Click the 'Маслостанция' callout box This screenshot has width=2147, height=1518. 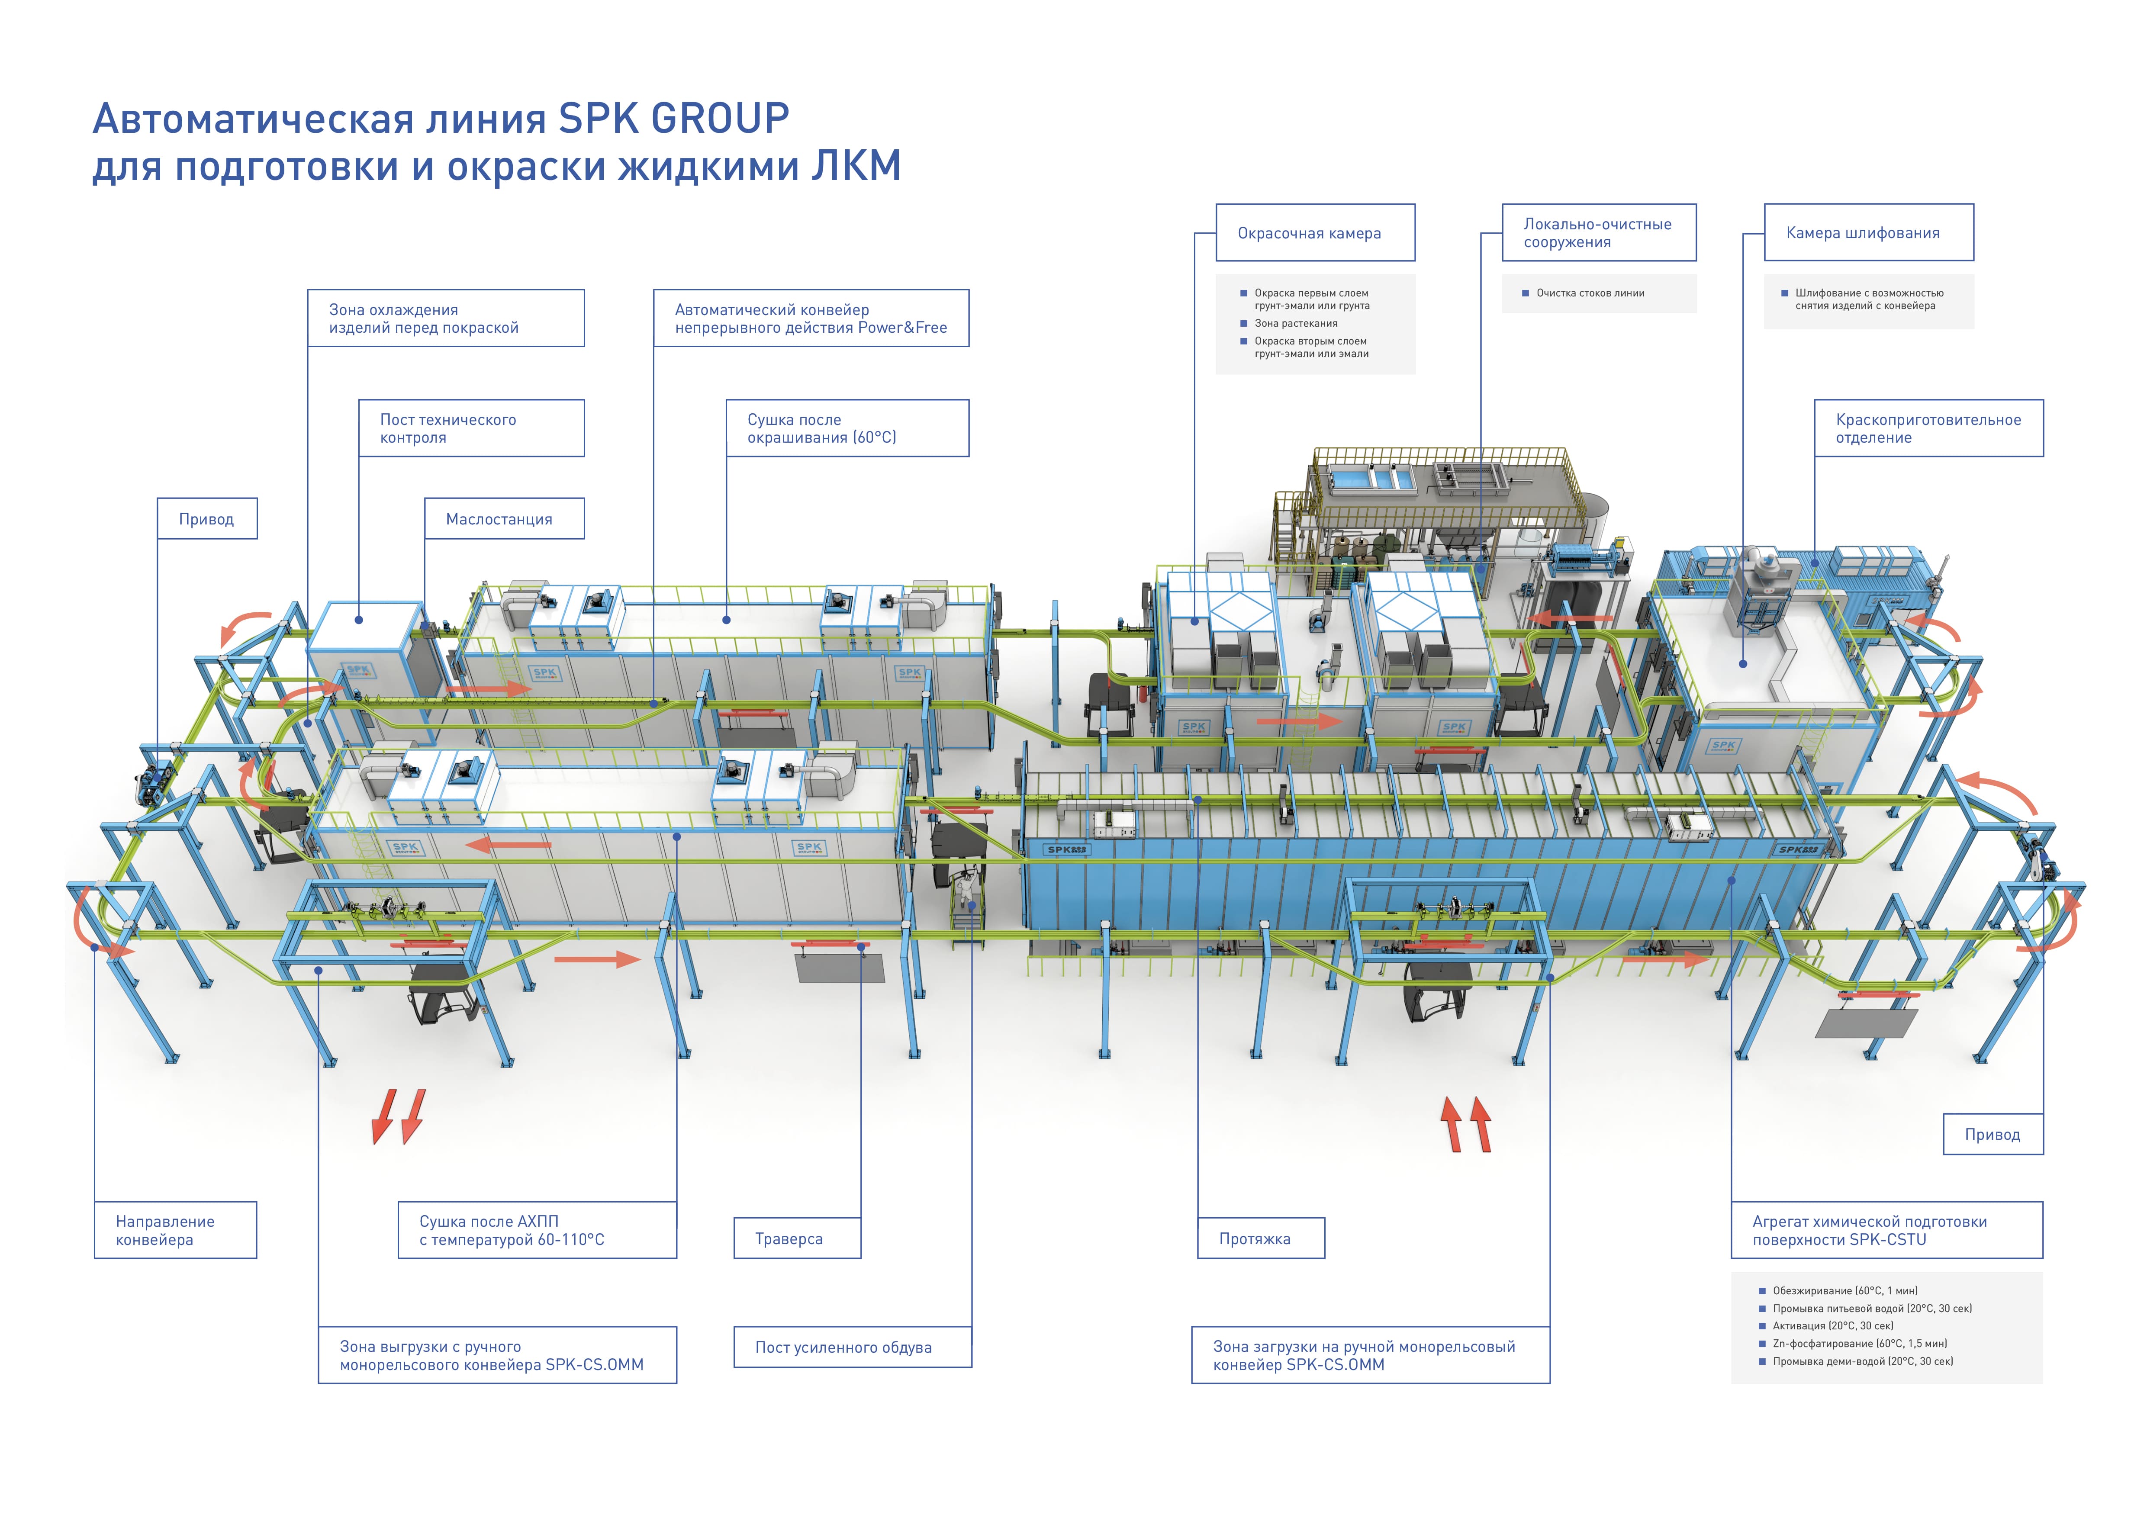(504, 519)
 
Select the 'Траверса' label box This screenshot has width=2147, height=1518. (797, 1238)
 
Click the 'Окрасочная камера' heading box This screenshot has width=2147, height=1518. (1315, 233)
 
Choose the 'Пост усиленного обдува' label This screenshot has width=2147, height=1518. (852, 1347)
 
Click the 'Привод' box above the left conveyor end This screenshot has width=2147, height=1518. (207, 519)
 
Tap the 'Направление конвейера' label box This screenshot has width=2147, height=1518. (175, 1230)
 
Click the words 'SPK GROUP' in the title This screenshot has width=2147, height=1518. (673, 119)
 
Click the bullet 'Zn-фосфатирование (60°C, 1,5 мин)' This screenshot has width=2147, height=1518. (1859, 1343)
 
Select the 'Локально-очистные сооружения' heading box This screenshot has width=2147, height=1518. (1599, 233)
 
